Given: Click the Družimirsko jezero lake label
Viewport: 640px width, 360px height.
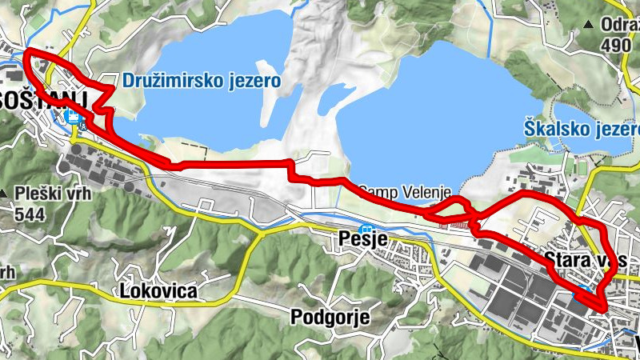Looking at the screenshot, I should click(202, 81).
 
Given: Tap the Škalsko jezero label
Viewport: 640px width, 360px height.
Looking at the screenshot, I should click(582, 127).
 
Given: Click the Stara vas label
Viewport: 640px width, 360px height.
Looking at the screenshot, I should click(590, 260).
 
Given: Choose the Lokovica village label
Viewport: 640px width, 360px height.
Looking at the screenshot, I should click(158, 290).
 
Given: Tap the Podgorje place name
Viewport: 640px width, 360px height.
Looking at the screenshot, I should click(330, 317).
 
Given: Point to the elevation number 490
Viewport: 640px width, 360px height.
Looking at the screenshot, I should click(615, 46).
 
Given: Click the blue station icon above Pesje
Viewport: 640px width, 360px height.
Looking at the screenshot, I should click(366, 229).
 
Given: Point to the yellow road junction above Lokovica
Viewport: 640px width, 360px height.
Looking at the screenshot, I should click(258, 234).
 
